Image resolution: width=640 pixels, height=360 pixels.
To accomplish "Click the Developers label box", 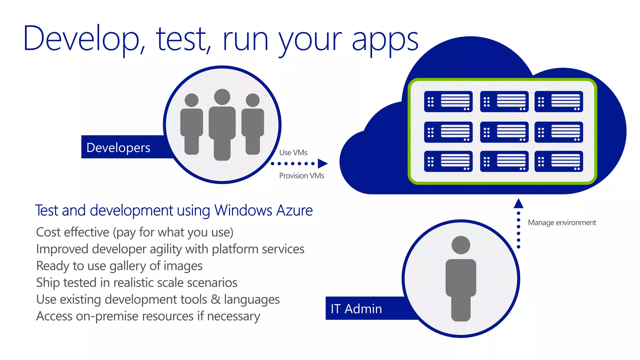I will [119, 147].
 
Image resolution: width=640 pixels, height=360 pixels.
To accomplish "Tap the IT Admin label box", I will [357, 308].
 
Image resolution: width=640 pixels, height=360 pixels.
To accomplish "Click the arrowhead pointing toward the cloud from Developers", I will [322, 163].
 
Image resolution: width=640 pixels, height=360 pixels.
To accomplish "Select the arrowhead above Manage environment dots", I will [518, 203].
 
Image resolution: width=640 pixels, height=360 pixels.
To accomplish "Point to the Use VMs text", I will [293, 152].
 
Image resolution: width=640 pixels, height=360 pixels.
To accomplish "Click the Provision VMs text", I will [302, 176].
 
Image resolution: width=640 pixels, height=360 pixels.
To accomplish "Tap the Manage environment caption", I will [562, 222].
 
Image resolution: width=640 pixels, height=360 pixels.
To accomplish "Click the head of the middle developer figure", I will [222, 97].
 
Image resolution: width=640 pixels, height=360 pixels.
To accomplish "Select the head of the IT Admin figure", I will [461, 245].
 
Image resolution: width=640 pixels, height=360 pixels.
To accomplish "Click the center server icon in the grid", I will [504, 132].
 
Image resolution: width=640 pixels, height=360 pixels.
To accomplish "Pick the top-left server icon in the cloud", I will [448, 102].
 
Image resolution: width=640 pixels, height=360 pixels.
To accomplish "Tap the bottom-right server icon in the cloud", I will [559, 162].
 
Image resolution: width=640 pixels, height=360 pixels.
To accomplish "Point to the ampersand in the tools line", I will [215, 299].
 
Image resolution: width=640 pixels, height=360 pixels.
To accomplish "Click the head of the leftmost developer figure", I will [192, 100].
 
